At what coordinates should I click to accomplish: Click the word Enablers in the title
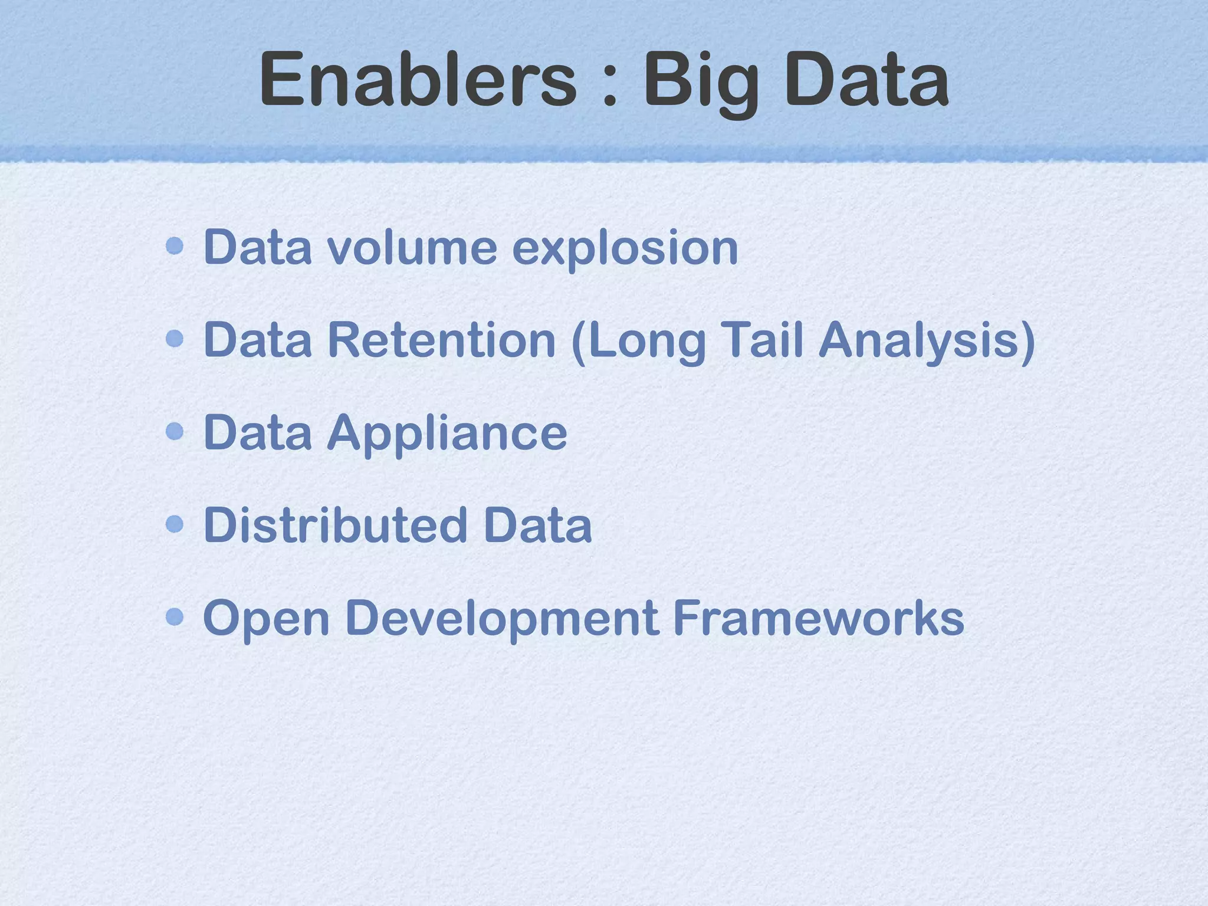tap(418, 79)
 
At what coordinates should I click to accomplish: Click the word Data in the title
tap(867, 79)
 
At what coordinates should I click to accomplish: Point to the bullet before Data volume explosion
tap(175, 246)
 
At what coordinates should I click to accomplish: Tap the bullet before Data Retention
tap(175, 339)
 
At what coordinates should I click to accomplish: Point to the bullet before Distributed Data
tap(175, 524)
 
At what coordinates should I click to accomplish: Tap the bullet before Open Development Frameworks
tap(175, 617)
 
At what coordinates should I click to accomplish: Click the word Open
tap(266, 620)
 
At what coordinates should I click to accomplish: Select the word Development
tap(502, 620)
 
